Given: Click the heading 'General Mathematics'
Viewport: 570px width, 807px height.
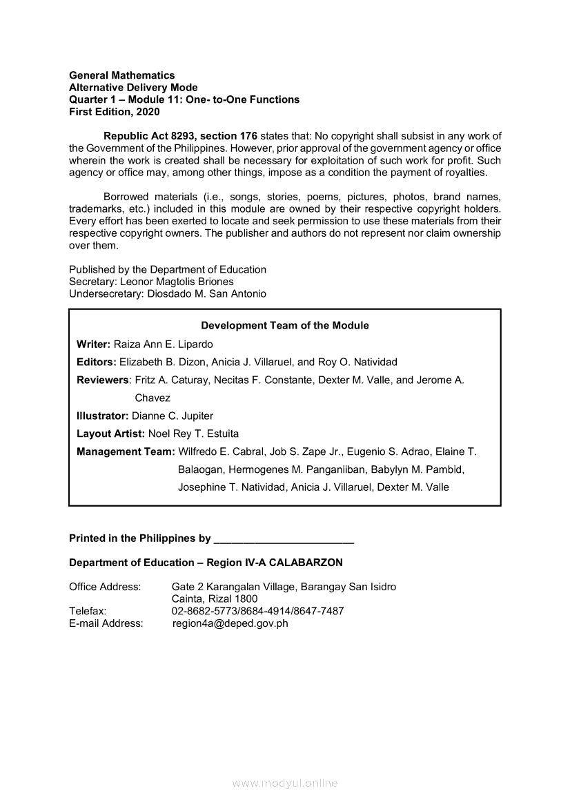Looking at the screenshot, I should pos(122,75).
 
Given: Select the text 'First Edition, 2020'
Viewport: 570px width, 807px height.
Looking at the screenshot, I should pos(114,112).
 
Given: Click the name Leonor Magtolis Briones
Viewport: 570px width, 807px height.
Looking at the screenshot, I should pos(177,282).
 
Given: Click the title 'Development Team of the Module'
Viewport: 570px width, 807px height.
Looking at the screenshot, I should pos(284,326).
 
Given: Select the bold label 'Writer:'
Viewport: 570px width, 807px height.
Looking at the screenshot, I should pos(94,344).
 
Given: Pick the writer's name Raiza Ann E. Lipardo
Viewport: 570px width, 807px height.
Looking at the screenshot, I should pos(164,344).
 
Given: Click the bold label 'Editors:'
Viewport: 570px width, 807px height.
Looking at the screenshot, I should pos(97,362).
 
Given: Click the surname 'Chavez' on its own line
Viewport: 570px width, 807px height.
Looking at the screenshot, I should pos(153,398).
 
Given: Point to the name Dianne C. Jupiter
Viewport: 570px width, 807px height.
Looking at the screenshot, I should pos(173,416).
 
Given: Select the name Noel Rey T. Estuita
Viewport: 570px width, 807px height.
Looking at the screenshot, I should pos(194,434).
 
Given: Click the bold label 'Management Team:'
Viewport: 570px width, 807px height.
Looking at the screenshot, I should pos(126,452).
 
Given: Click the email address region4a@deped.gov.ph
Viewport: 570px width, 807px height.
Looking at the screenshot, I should pos(230,623).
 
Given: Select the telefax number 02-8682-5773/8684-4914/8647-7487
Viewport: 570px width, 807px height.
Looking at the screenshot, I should pos(257,611).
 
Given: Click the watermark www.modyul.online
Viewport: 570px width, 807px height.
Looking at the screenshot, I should pos(285,784).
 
